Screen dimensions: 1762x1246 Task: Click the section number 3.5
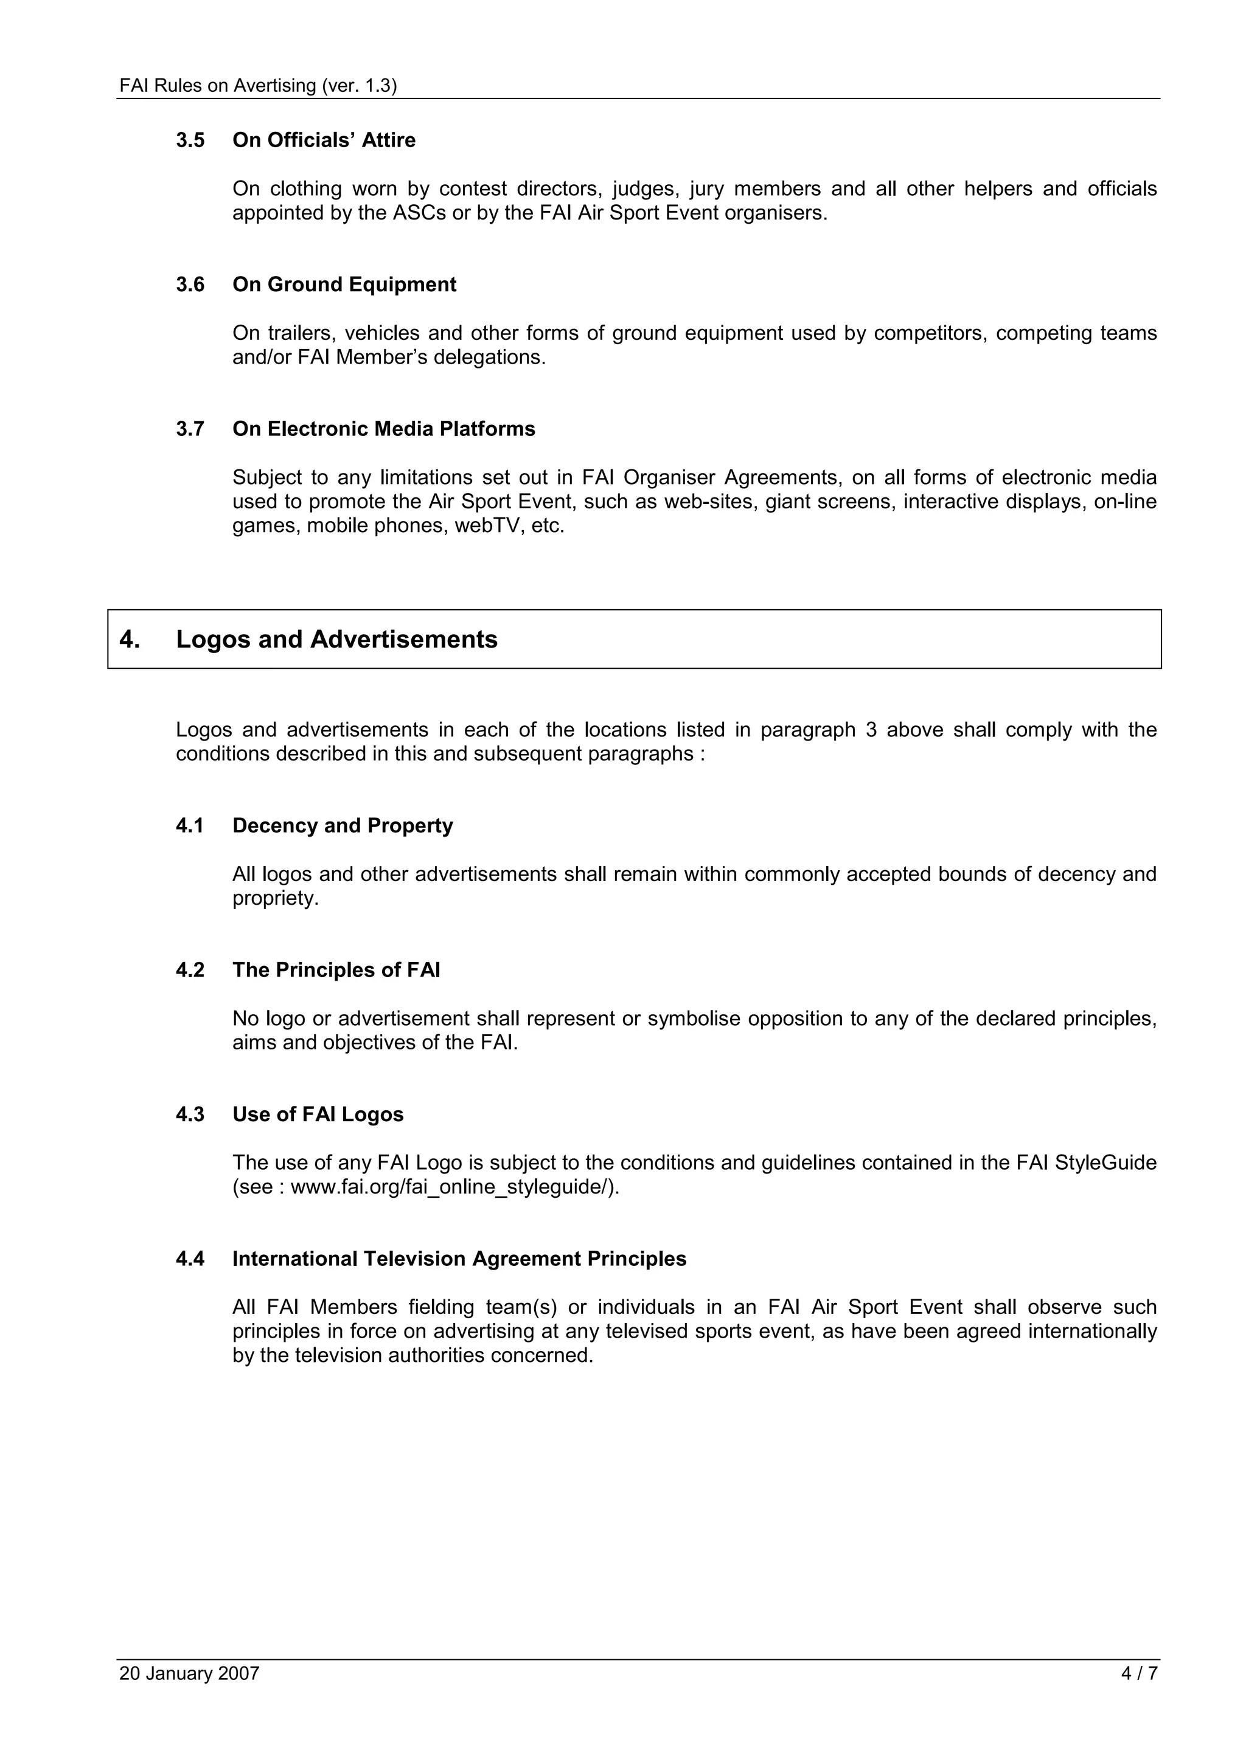click(190, 140)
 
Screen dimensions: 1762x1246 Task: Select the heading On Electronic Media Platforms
click(383, 429)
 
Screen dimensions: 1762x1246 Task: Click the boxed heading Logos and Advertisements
click(336, 639)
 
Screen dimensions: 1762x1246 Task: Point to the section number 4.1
click(190, 826)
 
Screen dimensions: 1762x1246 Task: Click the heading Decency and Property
click(343, 826)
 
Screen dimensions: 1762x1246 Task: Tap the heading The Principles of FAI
click(336, 970)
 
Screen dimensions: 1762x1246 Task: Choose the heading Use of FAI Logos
click(318, 1114)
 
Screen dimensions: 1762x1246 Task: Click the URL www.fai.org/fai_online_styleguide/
click(453, 1187)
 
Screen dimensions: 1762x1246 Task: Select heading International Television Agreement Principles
click(459, 1259)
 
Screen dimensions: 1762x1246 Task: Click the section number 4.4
click(190, 1259)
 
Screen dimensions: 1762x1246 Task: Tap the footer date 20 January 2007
click(189, 1674)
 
